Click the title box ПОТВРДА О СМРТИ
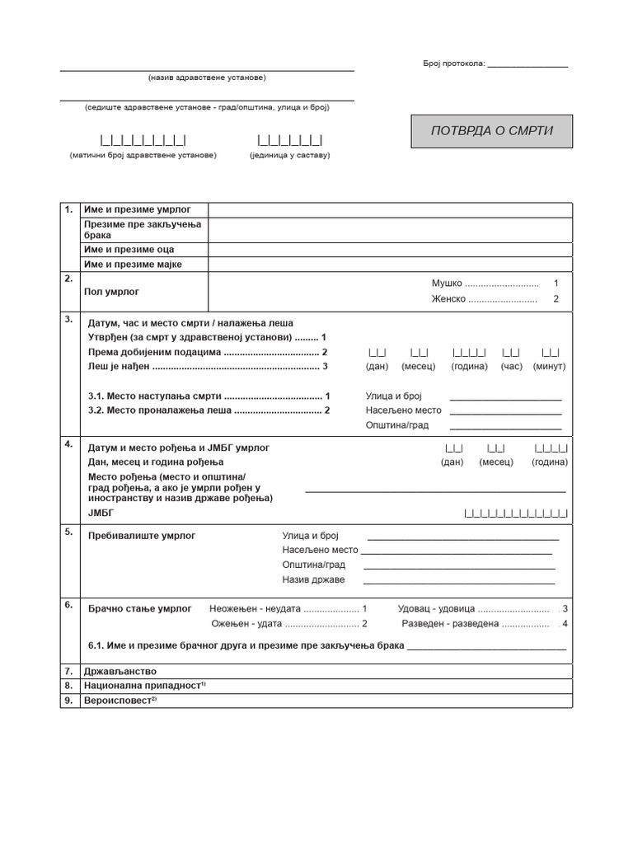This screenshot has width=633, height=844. (x=491, y=131)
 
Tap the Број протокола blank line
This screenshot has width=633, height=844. (x=527, y=65)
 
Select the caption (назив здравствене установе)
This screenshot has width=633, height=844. (x=207, y=77)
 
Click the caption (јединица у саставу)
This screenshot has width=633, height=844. (x=289, y=155)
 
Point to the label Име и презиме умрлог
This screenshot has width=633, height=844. (x=133, y=210)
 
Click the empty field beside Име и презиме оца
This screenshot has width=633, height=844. (x=390, y=250)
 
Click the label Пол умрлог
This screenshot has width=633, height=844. (x=112, y=291)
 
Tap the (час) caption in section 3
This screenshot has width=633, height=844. (x=511, y=366)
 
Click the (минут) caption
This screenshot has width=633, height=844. (x=550, y=366)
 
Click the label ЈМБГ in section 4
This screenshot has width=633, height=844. (x=99, y=513)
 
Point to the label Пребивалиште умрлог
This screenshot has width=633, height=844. (x=142, y=536)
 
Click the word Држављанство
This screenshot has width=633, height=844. (x=120, y=671)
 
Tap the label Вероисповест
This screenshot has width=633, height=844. (x=120, y=700)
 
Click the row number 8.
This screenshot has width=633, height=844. (x=69, y=685)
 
